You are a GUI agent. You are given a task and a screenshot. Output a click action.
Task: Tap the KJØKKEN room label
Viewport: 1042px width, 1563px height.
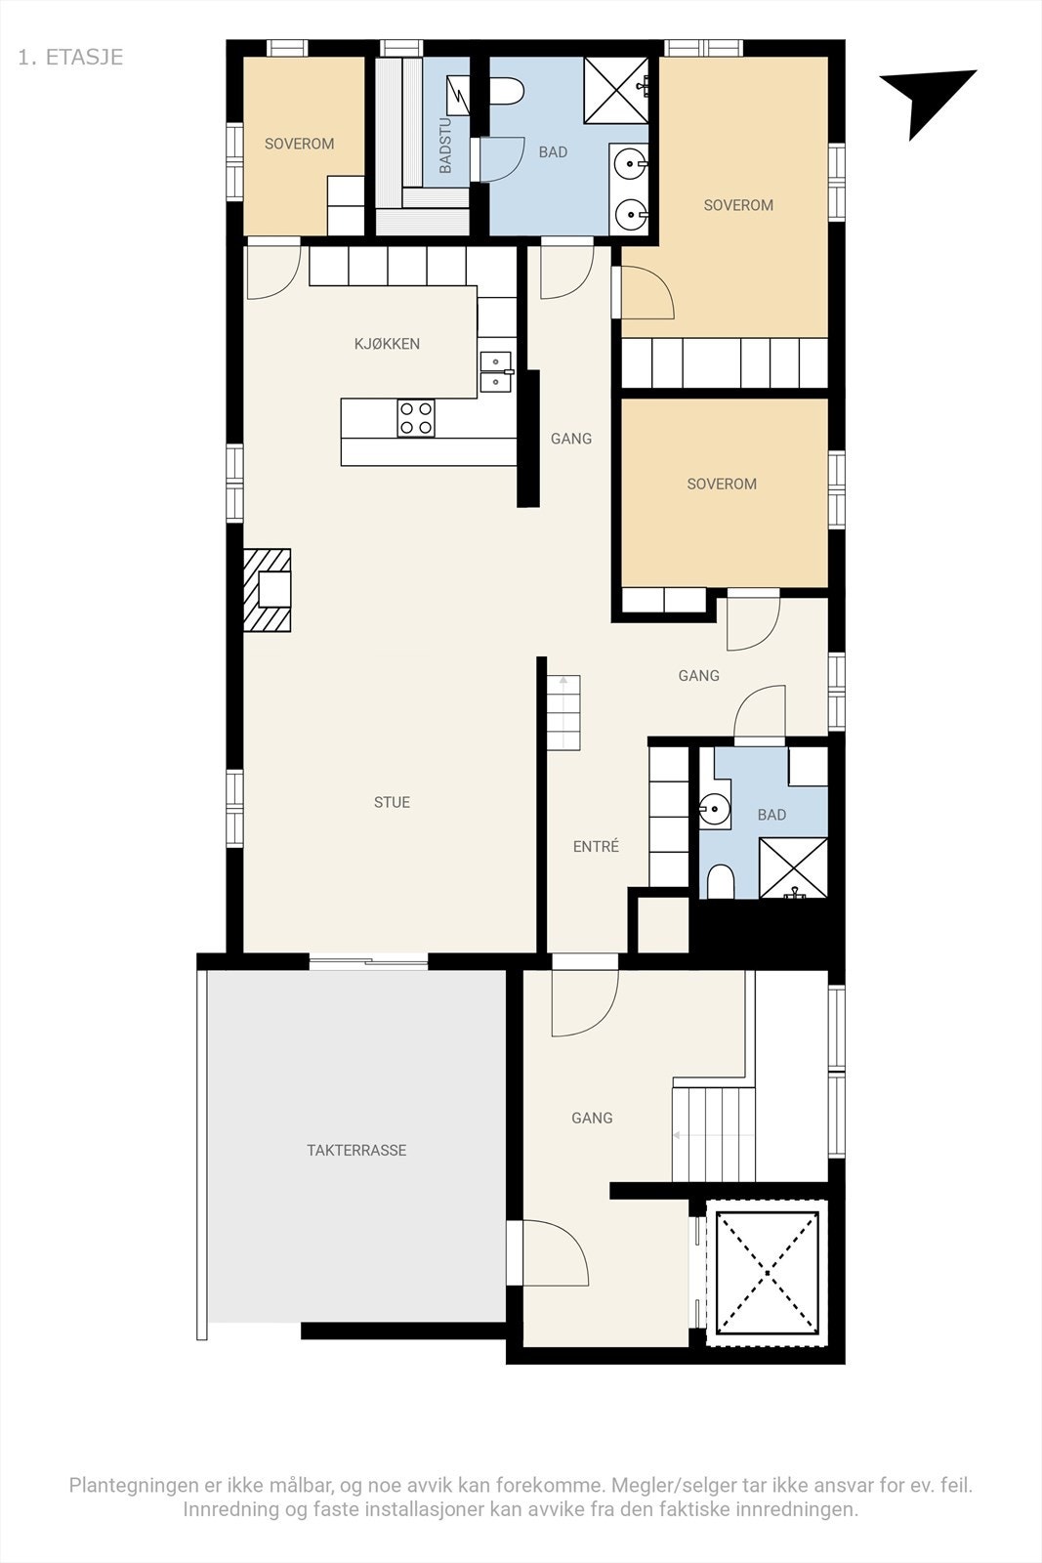(387, 344)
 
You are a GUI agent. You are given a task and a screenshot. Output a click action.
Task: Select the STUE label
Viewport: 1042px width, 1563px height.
(392, 803)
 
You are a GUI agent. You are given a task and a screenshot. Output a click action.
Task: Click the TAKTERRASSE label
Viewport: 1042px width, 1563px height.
(356, 1151)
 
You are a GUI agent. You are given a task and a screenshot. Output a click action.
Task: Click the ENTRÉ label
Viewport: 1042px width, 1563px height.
(596, 847)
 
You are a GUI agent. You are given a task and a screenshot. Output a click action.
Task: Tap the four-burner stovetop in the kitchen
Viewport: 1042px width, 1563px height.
(416, 418)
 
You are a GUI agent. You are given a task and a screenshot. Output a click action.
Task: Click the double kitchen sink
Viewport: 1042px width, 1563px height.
(496, 371)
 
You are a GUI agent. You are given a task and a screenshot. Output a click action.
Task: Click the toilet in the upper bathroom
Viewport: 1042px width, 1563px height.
(506, 93)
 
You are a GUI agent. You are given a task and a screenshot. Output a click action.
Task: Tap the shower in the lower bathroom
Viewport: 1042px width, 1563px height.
(793, 867)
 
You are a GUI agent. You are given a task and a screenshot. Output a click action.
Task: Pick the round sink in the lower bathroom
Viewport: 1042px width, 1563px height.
(713, 809)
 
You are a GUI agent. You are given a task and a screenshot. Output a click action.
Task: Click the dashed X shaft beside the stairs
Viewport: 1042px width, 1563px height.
(768, 1271)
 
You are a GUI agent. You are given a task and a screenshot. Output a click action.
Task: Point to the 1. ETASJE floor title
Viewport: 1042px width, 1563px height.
(70, 57)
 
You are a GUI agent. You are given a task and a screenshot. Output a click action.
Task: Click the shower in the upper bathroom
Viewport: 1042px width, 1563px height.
(616, 90)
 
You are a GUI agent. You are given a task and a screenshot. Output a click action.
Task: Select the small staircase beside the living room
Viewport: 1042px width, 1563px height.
(563, 712)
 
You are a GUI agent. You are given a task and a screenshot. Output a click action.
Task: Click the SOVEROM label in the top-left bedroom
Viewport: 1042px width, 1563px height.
(299, 144)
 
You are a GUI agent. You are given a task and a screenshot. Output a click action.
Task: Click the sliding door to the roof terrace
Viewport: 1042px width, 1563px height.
(368, 962)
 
